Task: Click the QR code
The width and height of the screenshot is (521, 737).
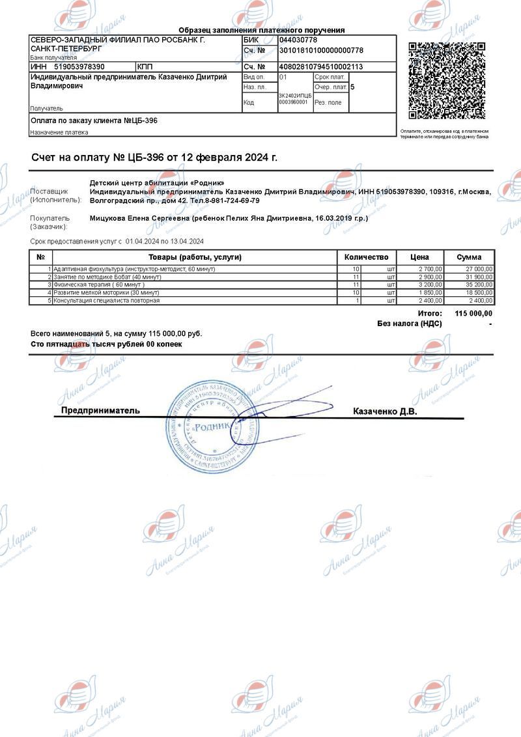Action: click(x=447, y=81)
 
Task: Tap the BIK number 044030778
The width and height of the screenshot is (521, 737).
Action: click(x=298, y=40)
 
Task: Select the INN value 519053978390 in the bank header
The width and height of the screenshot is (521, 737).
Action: click(x=79, y=66)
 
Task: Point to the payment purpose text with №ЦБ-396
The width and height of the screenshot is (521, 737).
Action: click(x=94, y=120)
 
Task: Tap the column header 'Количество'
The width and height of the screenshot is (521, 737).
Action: click(x=366, y=257)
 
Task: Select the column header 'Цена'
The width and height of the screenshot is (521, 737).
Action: click(x=419, y=257)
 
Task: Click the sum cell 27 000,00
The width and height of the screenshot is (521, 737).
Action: click(x=478, y=269)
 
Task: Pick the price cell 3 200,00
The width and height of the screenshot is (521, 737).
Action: click(x=430, y=285)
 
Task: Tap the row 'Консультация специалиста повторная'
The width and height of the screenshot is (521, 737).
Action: click(x=106, y=301)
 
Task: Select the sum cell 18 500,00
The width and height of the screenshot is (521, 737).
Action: click(x=478, y=293)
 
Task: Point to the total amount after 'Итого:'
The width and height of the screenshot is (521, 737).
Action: click(x=473, y=314)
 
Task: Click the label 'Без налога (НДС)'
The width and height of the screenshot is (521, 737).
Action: click(x=410, y=324)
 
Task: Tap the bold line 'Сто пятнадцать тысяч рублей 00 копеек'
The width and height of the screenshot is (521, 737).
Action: click(x=107, y=344)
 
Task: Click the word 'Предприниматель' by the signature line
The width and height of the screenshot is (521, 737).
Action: click(x=100, y=411)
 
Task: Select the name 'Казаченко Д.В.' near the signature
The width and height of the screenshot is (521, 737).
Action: click(x=385, y=411)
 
